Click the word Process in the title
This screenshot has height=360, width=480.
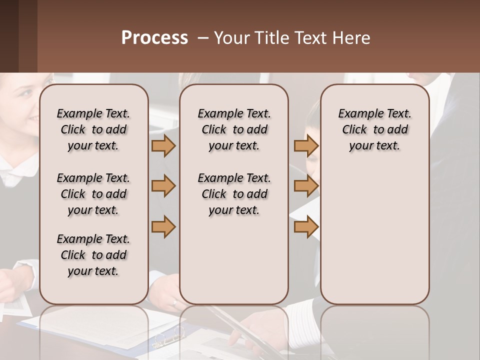154,38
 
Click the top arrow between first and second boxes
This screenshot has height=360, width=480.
163,145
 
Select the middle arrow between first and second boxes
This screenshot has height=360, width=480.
163,186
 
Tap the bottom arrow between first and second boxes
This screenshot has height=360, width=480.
163,227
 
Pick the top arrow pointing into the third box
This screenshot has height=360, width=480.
306,145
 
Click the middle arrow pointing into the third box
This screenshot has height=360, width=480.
306,186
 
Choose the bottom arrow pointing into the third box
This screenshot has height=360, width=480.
306,227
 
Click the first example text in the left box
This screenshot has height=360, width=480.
93,129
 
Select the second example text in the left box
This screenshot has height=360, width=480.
93,194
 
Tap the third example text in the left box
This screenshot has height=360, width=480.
93,255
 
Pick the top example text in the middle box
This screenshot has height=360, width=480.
234,129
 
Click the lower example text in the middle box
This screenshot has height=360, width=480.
234,194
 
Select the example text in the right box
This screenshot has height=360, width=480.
375,129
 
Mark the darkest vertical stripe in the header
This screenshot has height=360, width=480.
9,36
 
